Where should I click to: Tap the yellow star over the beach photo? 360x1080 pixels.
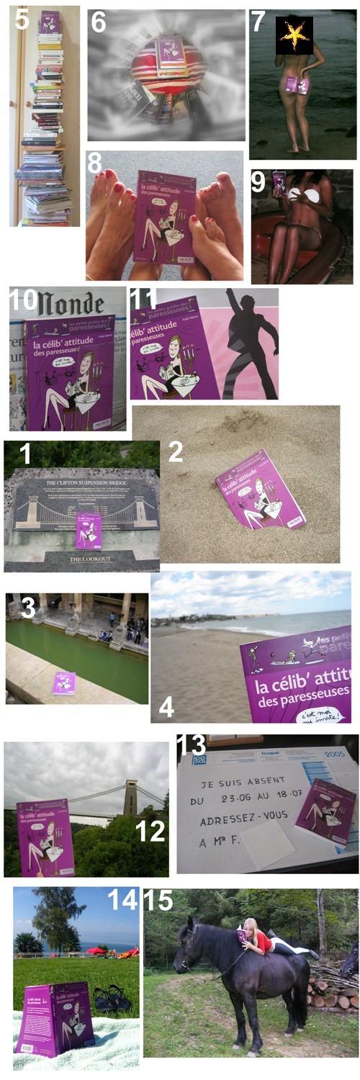click(x=294, y=35)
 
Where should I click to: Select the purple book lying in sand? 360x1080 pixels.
click(x=260, y=489)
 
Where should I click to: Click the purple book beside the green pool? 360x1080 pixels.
click(x=63, y=683)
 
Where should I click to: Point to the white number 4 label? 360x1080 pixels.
click(x=166, y=706)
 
